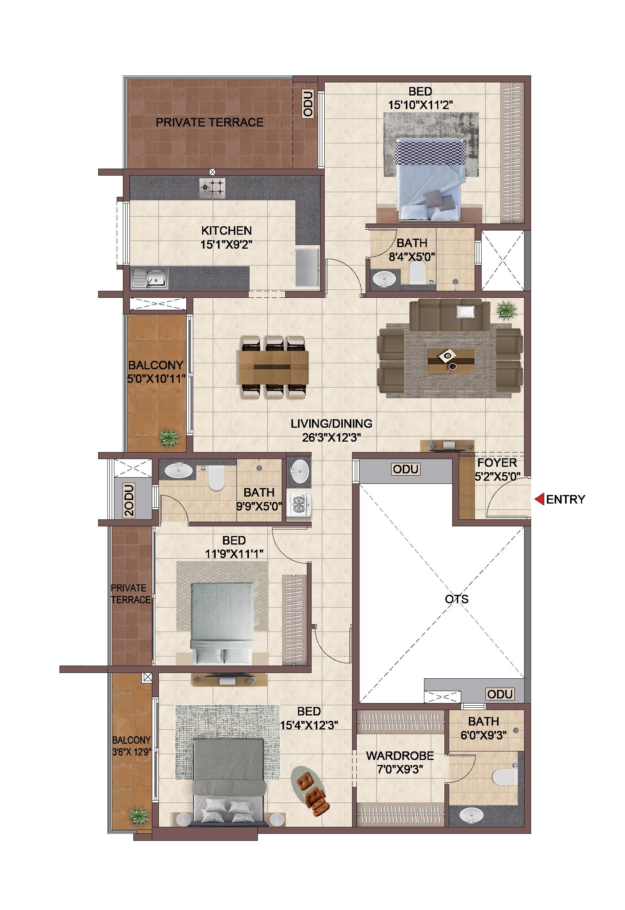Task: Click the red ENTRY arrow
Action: click(x=539, y=499)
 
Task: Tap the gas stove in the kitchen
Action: click(x=212, y=188)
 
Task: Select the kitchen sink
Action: click(x=150, y=278)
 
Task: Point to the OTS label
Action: click(x=456, y=599)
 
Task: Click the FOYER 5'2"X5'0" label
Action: click(x=497, y=469)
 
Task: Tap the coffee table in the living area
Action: click(x=451, y=360)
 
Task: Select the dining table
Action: click(x=273, y=367)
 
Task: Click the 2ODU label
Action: click(x=129, y=500)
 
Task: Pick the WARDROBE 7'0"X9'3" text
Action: click(x=400, y=762)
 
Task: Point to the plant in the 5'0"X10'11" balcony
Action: click(x=169, y=438)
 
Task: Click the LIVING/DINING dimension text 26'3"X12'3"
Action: click(x=331, y=437)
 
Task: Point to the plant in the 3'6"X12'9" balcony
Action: click(x=140, y=816)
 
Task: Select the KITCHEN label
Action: click(x=226, y=230)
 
